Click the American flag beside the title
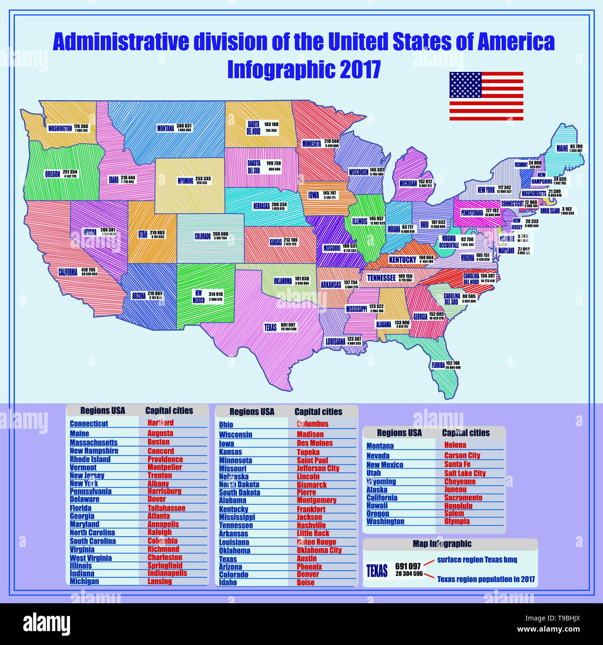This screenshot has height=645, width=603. pos(486,96)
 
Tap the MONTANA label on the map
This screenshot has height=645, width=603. pos(166,128)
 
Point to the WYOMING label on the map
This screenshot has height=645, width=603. pos(186,181)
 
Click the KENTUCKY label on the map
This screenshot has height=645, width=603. pos(402,260)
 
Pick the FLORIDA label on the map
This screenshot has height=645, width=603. pos(438,366)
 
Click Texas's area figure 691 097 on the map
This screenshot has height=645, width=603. pos(288,325)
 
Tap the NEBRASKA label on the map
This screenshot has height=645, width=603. pos(262,206)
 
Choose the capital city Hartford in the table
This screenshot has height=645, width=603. pos(160,423)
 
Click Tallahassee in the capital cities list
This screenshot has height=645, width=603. pos(166,508)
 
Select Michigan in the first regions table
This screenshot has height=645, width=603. pos(84,581)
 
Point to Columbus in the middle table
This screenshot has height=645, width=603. pos(312,424)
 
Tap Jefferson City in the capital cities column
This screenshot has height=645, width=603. pos(318,469)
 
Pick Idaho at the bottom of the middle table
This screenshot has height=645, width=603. pos(228,583)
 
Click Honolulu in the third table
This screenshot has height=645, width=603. pos(458,506)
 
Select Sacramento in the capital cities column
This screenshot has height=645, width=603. pos(463,498)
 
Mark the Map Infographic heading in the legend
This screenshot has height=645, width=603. pos(442,544)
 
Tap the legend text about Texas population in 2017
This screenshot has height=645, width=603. pos(486,579)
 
